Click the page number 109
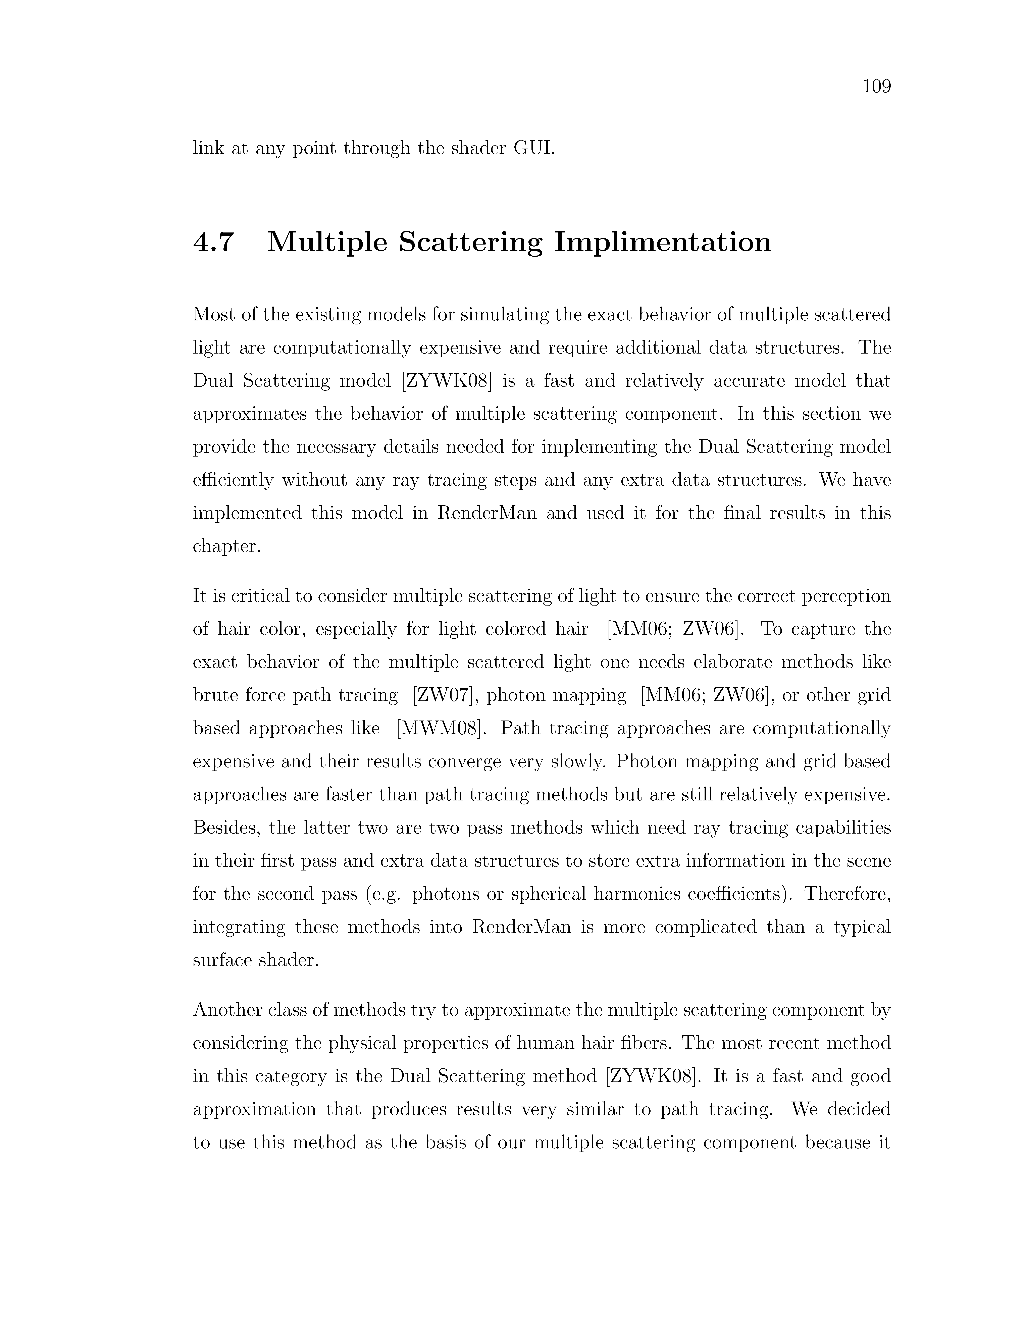[x=877, y=87]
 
